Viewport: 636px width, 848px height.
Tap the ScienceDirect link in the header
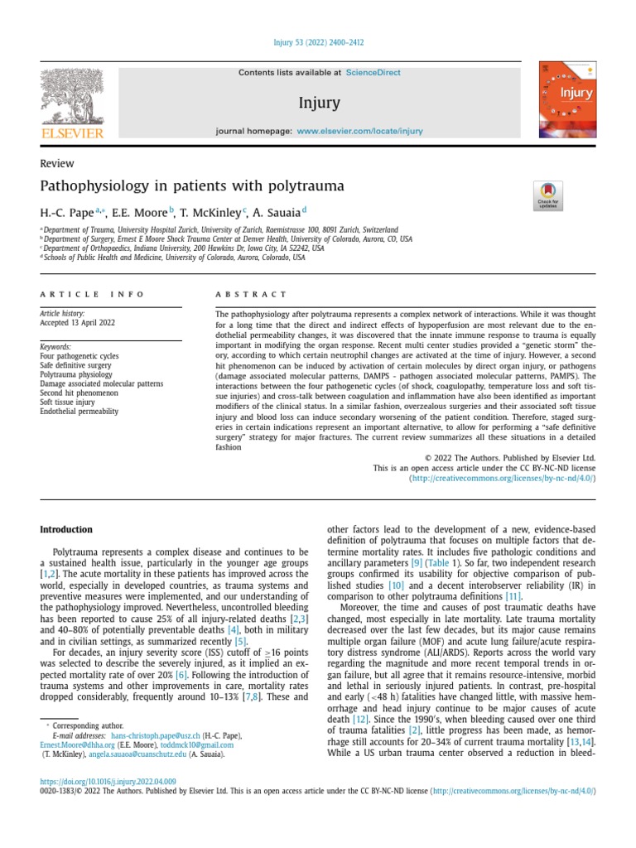[373, 73]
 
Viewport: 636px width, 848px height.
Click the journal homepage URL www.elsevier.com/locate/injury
[359, 131]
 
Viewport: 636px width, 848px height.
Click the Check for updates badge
[548, 195]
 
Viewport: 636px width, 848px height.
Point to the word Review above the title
[57, 164]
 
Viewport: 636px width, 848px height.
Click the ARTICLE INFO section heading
[92, 294]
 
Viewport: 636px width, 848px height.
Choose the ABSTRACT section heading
[251, 294]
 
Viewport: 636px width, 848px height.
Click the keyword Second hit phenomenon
[79, 393]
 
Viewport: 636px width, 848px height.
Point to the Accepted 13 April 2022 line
[78, 323]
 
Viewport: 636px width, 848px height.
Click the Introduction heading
[66, 530]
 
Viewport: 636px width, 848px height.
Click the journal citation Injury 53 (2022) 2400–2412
[318, 42]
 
